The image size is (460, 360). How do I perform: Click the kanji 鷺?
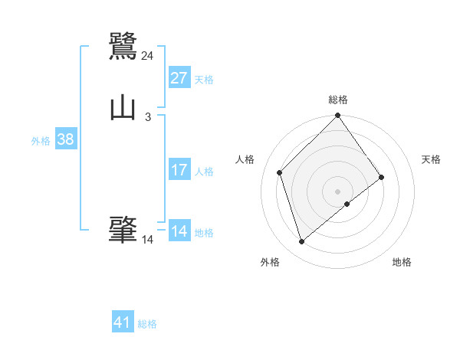(123, 46)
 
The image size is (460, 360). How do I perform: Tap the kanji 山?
(123, 108)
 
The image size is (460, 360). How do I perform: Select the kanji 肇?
(123, 230)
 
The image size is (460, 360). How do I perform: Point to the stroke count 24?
(147, 56)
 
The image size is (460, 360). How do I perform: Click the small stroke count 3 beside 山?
(147, 117)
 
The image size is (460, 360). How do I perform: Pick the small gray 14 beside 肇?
(147, 240)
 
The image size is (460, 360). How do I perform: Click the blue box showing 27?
(179, 78)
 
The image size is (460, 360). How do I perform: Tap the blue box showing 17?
(179, 170)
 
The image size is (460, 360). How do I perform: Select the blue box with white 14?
(179, 231)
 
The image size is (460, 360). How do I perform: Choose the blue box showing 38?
(65, 139)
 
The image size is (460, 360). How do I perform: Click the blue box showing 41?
(123, 322)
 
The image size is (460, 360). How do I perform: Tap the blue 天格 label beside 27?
(204, 80)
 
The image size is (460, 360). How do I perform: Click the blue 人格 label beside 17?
(204, 172)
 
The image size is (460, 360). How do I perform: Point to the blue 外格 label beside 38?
(41, 141)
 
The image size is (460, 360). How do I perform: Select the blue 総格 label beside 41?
(147, 324)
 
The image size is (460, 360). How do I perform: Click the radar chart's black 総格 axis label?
(338, 100)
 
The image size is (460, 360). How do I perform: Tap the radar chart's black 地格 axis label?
(402, 262)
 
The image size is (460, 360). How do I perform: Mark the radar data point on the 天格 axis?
(381, 177)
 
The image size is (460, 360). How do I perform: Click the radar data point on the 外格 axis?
(301, 242)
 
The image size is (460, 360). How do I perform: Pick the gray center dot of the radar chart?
(338, 191)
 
